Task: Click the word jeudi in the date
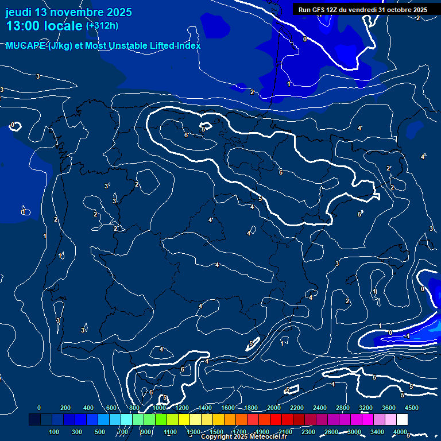click(20, 12)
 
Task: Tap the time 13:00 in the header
click(24, 26)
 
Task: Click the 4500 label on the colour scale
click(411, 408)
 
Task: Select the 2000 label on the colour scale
click(273, 408)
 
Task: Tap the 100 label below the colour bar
click(54, 432)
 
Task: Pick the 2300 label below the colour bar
click(308, 432)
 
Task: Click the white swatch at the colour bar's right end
click(402, 420)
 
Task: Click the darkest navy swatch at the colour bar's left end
click(34, 420)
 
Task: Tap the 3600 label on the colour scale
click(388, 408)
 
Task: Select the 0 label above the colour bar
click(39, 408)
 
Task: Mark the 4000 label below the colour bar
click(400, 432)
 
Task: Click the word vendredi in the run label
click(362, 10)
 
